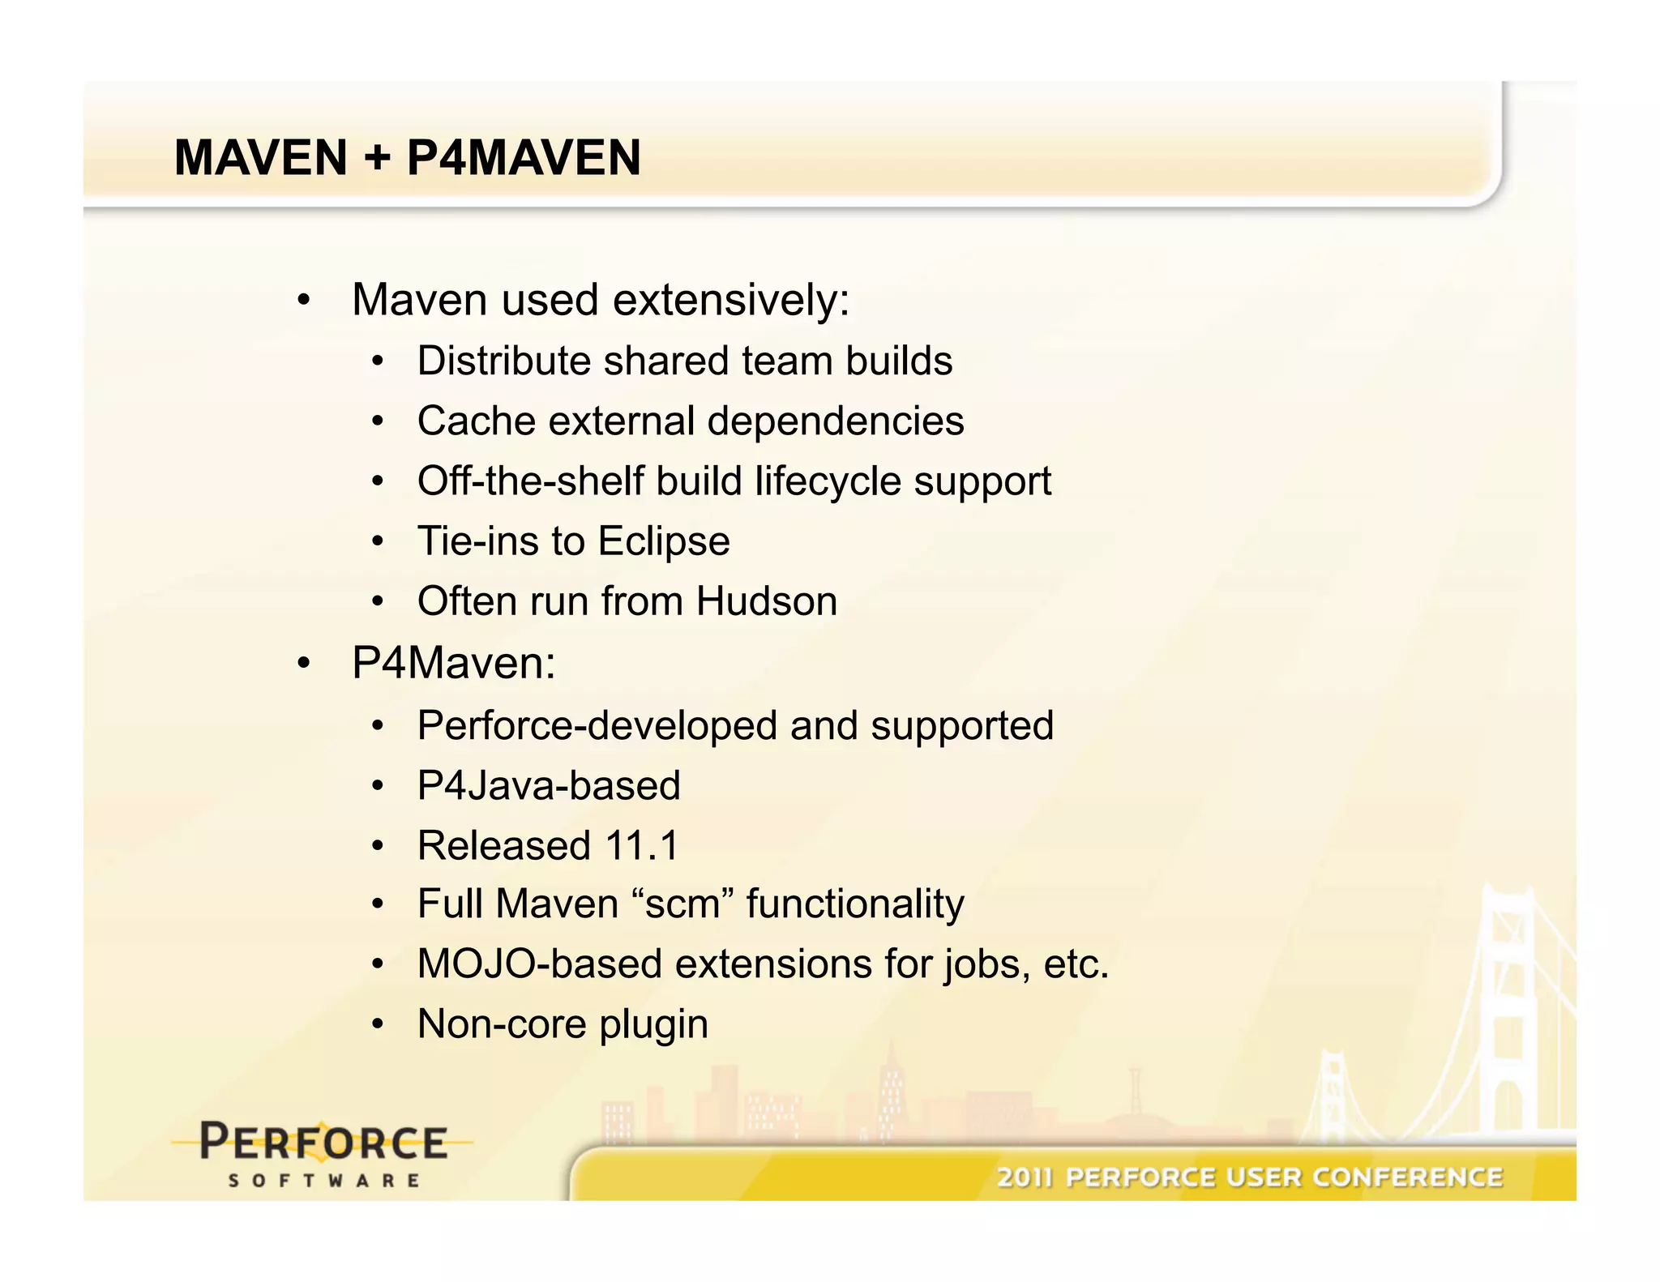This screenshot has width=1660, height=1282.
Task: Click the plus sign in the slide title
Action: pos(376,158)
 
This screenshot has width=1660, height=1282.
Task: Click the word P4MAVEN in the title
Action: pos(524,158)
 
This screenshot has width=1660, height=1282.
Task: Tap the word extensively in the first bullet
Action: pos(731,301)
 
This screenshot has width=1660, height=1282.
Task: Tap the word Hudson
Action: pos(766,601)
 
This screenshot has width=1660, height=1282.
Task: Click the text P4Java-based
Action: pos(549,785)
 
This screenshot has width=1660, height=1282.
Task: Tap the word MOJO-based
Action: pos(540,964)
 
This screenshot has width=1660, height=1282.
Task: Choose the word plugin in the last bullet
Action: pos(653,1025)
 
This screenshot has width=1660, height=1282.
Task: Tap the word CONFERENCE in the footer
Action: pos(1409,1177)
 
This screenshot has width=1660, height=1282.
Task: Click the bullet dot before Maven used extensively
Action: pos(303,301)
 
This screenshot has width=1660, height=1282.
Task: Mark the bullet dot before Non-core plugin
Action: pos(377,1025)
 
